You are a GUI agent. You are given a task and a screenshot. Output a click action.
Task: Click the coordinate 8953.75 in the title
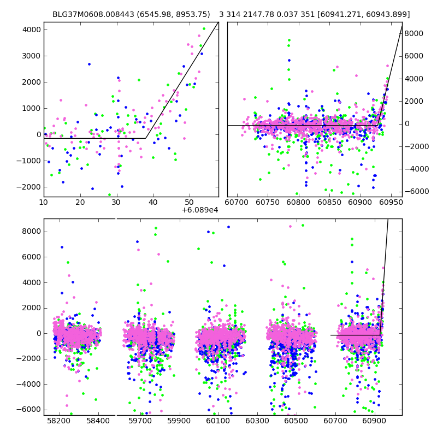point(192,14)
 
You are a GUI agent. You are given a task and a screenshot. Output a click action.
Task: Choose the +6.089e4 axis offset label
point(199,210)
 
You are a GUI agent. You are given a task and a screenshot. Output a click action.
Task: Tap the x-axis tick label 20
point(80,203)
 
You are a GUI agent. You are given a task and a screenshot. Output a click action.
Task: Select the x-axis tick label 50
point(190,203)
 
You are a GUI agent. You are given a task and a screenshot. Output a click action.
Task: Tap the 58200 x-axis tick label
point(58,421)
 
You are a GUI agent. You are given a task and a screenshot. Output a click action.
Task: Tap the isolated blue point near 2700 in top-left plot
point(89,64)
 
